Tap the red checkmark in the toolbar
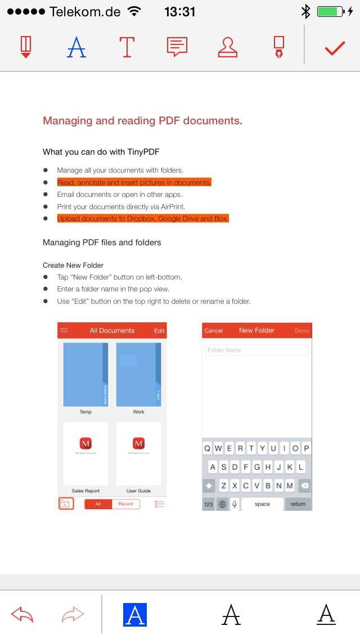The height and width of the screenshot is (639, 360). [335, 48]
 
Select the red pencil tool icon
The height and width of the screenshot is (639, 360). [26, 47]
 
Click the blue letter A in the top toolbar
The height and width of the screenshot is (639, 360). [76, 47]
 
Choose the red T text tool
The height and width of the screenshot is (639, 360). [127, 47]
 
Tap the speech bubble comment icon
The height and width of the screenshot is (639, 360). [177, 47]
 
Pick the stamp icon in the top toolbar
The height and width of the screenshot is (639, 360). [228, 47]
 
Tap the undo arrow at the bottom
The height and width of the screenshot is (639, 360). [22, 615]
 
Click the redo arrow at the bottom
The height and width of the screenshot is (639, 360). [73, 615]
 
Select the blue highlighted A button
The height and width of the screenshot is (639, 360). [135, 615]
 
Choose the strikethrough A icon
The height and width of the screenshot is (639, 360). [231, 615]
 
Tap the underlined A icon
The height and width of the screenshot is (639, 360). [326, 615]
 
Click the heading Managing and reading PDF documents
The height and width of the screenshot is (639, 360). [143, 120]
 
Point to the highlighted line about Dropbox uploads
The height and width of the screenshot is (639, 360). [143, 218]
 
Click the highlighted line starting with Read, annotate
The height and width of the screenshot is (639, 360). [134, 182]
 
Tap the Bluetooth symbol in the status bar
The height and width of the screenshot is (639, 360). [305, 11]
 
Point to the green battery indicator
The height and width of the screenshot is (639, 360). [330, 11]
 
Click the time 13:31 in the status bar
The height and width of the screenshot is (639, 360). [180, 11]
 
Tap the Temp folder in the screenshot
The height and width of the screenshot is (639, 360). [85, 375]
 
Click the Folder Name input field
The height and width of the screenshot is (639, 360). [256, 350]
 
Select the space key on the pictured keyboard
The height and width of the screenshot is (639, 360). [262, 503]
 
